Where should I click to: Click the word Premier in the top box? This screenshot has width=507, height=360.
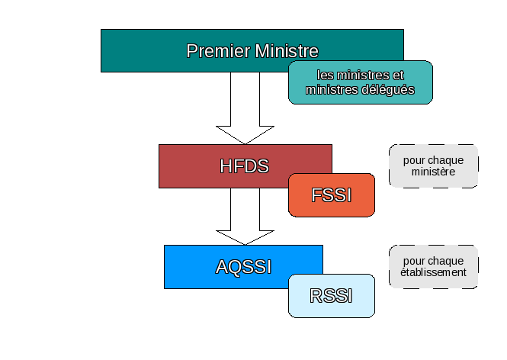pyautogui.click(x=218, y=51)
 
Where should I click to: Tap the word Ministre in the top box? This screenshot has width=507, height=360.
pyautogui.click(x=287, y=51)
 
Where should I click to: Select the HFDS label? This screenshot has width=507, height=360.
pyautogui.click(x=245, y=166)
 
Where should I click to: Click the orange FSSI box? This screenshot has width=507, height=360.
pyautogui.click(x=332, y=195)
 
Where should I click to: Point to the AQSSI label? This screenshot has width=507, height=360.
pyautogui.click(x=243, y=267)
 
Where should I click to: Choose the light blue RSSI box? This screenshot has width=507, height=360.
pyautogui.click(x=332, y=296)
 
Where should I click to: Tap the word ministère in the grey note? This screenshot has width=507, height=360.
pyautogui.click(x=433, y=172)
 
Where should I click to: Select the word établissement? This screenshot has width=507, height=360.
pyautogui.click(x=433, y=272)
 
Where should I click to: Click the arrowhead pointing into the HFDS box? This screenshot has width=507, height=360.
pyautogui.click(x=245, y=135)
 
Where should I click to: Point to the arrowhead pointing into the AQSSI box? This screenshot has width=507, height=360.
pyautogui.click(x=245, y=238)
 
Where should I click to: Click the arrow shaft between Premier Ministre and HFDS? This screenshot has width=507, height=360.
pyautogui.click(x=245, y=99)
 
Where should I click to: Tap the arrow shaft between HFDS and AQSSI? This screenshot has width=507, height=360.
pyautogui.click(x=245, y=209)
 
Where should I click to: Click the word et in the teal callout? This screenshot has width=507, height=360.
pyautogui.click(x=398, y=75)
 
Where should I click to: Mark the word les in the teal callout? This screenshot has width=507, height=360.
pyautogui.click(x=325, y=75)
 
